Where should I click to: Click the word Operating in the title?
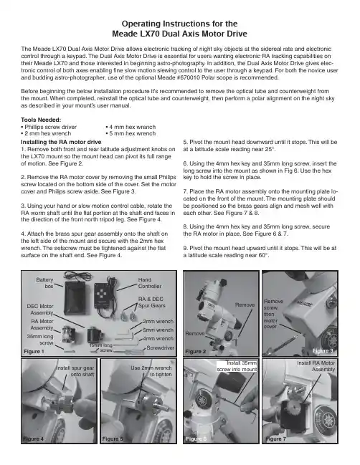[x=141, y=24]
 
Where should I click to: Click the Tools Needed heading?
[x=41, y=120]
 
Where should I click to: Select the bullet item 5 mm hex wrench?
[x=131, y=133]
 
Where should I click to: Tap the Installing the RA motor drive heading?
[x=61, y=142]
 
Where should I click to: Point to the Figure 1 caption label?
[x=34, y=351]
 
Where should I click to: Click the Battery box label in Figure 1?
[x=44, y=283]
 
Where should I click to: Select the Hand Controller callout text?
[x=150, y=283]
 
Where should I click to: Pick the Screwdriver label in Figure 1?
[x=160, y=348]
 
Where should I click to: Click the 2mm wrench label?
[x=158, y=322]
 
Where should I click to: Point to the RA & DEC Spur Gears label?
[x=151, y=302]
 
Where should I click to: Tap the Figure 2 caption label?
[x=195, y=351]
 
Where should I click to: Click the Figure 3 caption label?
[x=323, y=351]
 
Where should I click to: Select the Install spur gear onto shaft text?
[x=75, y=371]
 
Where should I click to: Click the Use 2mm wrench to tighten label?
[x=151, y=371]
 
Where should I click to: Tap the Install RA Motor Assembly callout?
[x=316, y=366]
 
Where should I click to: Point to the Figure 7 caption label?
[x=275, y=438]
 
